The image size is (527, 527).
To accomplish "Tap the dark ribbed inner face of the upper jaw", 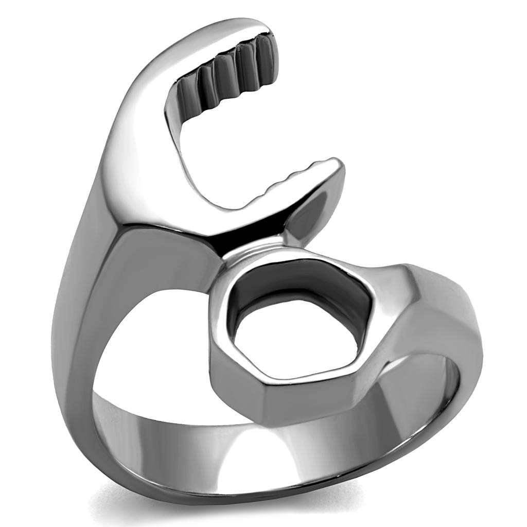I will coord(226,77).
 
